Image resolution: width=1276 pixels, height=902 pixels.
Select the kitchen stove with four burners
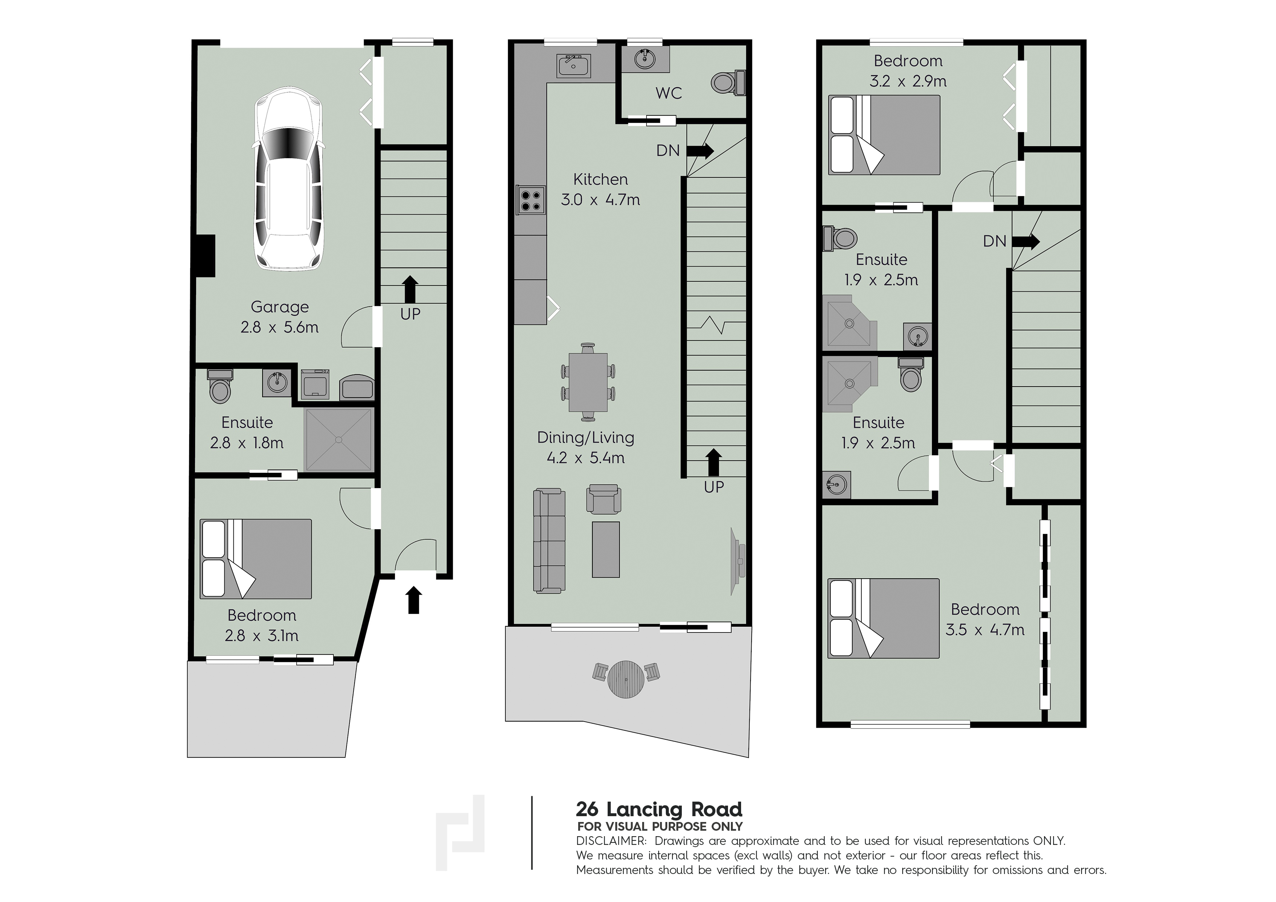(x=529, y=200)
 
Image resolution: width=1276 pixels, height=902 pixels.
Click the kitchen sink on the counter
(x=573, y=66)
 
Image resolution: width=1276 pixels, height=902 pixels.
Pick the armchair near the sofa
(x=604, y=499)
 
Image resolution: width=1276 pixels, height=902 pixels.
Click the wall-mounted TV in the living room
(x=739, y=562)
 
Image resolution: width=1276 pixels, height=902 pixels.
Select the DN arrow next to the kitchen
(x=700, y=151)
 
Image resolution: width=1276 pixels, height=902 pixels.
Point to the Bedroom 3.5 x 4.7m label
(x=985, y=619)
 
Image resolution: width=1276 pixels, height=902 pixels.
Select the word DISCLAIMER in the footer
(x=611, y=841)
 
